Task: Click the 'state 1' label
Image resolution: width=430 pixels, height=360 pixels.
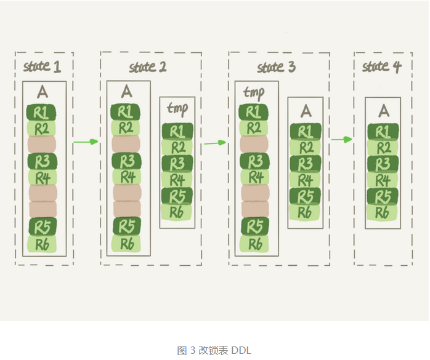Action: [42, 65]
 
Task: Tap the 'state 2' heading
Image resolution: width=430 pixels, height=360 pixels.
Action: [148, 66]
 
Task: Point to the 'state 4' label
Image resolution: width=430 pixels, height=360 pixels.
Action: [382, 66]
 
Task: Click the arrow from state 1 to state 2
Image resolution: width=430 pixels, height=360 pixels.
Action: [86, 142]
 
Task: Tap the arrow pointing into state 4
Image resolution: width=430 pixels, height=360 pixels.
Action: [341, 140]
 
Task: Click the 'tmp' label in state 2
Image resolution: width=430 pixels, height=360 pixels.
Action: [177, 108]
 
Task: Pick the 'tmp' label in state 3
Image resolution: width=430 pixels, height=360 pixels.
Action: [254, 93]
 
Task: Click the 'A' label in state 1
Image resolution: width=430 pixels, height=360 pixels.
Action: [42, 92]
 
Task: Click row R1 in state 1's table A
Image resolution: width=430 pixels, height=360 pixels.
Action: [42, 112]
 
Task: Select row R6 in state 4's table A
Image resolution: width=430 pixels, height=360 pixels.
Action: [383, 212]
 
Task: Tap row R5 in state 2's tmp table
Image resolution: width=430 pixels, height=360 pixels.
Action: [177, 196]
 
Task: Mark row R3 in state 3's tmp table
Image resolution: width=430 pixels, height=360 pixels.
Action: [253, 161]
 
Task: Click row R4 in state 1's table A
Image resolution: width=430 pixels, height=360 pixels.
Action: [42, 178]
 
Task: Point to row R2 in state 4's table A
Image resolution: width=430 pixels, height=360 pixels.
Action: [383, 148]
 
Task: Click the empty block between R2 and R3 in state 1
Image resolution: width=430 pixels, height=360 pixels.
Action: [42, 144]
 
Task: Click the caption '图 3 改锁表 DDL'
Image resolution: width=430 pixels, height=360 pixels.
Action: [214, 350]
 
